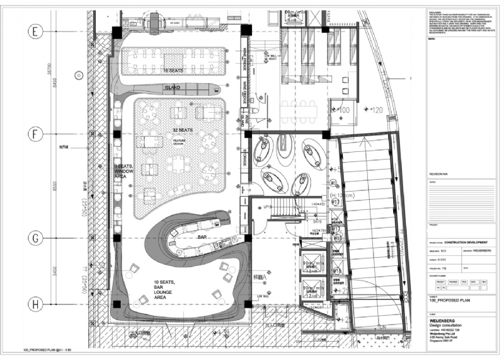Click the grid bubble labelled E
tap(36, 30)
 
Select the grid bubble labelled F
tap(36, 134)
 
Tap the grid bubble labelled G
tap(36, 238)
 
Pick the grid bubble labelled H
tap(36, 305)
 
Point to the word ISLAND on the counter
tap(173, 88)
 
